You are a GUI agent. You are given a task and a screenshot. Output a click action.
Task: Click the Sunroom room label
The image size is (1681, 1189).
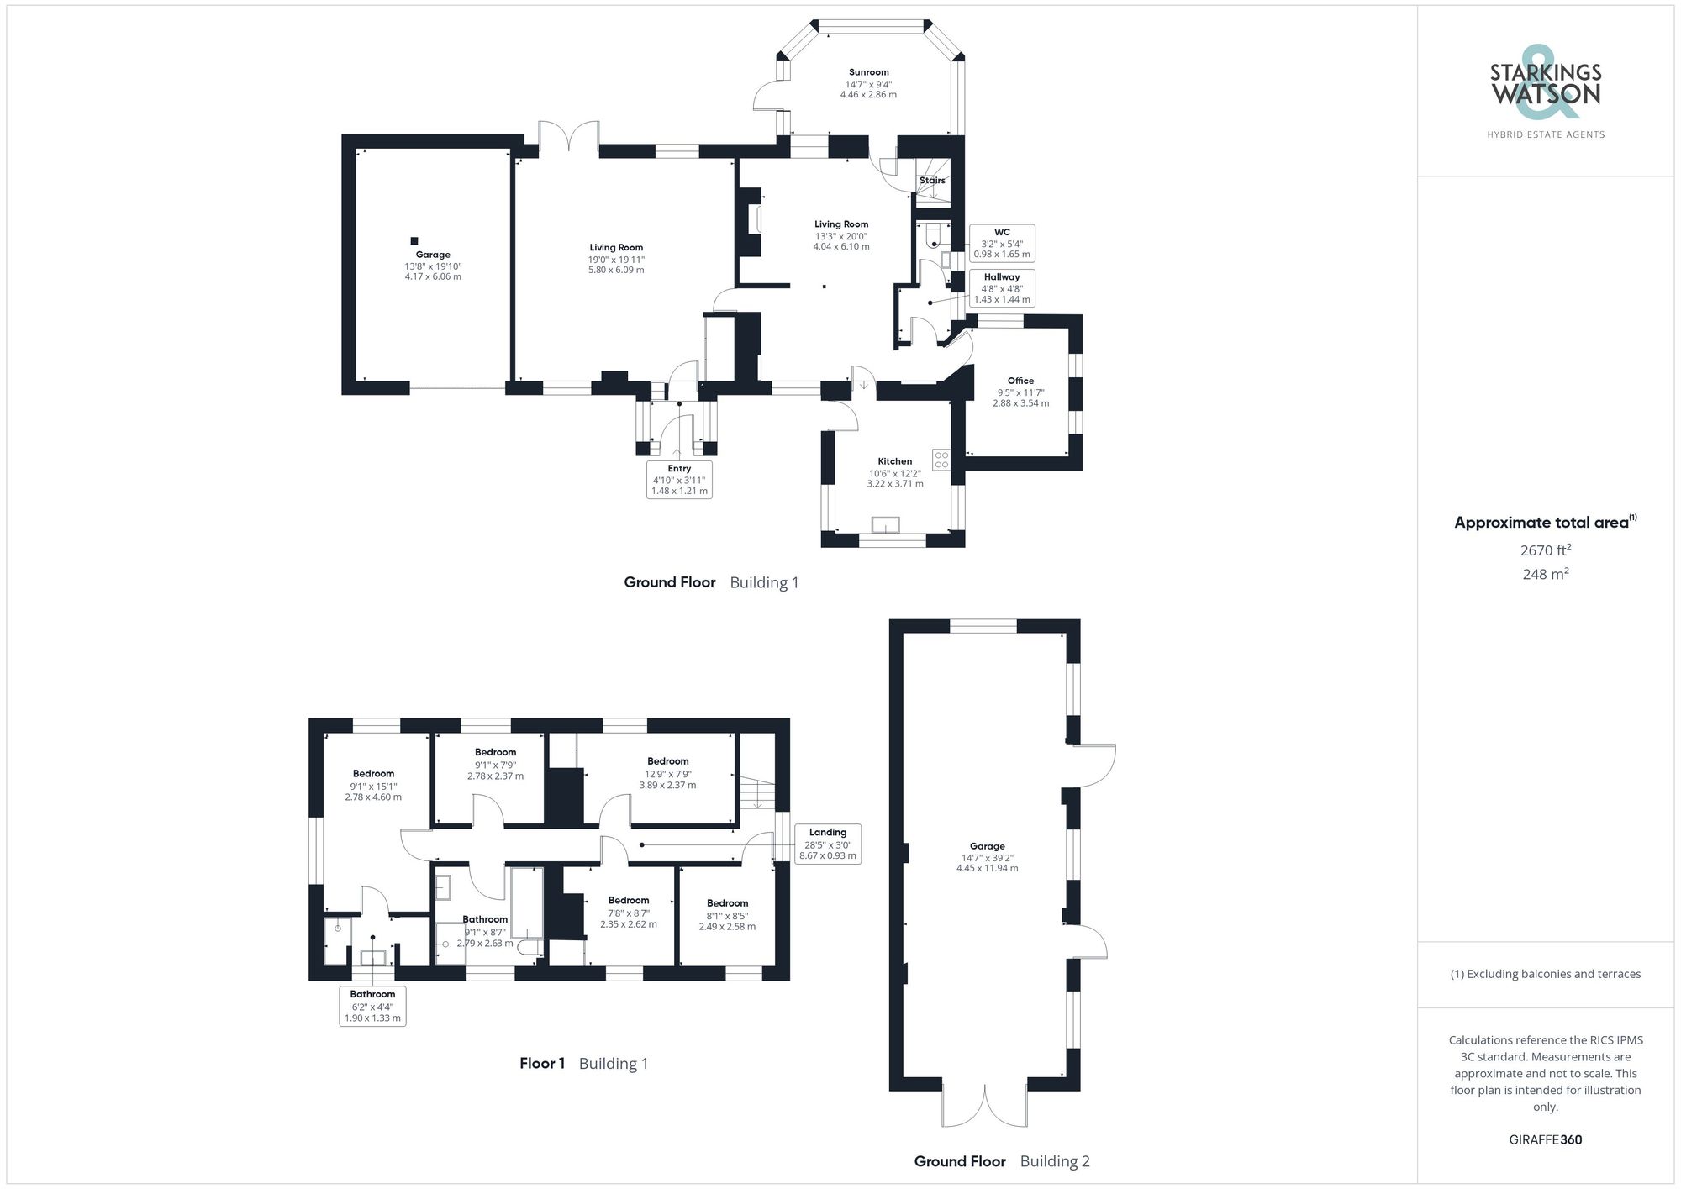[868, 83]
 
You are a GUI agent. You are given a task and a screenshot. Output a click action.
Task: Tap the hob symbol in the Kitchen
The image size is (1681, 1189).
[941, 460]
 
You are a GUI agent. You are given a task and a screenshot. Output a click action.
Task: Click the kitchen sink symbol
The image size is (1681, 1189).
[885, 525]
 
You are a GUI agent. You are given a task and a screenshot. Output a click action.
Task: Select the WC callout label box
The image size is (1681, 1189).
[1002, 243]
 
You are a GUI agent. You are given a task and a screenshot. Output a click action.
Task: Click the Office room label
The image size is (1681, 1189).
[1020, 392]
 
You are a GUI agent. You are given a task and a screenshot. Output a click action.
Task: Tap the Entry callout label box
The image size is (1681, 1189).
[679, 480]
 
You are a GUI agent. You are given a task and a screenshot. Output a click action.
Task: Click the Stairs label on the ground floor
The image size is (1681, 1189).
[932, 181]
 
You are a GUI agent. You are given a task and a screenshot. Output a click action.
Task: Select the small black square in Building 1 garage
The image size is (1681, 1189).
[414, 241]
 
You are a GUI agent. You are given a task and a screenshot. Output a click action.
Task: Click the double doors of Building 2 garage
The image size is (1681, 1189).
[984, 1106]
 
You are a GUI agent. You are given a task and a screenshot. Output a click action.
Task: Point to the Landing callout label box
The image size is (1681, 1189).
[828, 844]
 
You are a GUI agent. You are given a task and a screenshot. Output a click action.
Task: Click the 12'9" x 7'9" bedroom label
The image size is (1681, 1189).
[667, 773]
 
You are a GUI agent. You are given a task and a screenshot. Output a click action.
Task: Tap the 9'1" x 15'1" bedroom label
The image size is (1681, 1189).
[373, 785]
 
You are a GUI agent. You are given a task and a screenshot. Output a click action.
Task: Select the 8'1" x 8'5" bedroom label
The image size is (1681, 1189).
[727, 914]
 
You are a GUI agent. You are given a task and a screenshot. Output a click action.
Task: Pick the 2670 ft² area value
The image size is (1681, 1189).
[1546, 550]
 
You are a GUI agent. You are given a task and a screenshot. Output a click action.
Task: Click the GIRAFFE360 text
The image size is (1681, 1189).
[1546, 1139]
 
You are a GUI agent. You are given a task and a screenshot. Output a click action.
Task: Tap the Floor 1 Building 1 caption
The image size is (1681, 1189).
[583, 1063]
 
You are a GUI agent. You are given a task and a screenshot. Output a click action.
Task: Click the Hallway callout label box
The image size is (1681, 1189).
[1002, 288]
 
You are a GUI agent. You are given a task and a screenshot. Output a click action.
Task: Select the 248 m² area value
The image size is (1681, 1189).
[1546, 574]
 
